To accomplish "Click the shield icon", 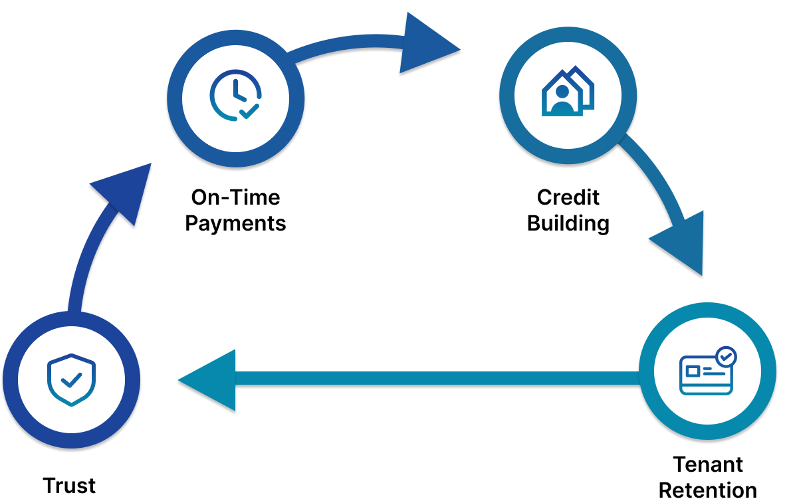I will (71, 379).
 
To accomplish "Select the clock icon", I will (235, 96).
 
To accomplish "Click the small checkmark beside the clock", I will (249, 110).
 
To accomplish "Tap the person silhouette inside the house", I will (562, 100).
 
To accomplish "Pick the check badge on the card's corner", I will (727, 357).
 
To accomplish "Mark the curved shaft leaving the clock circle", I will (346, 47).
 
